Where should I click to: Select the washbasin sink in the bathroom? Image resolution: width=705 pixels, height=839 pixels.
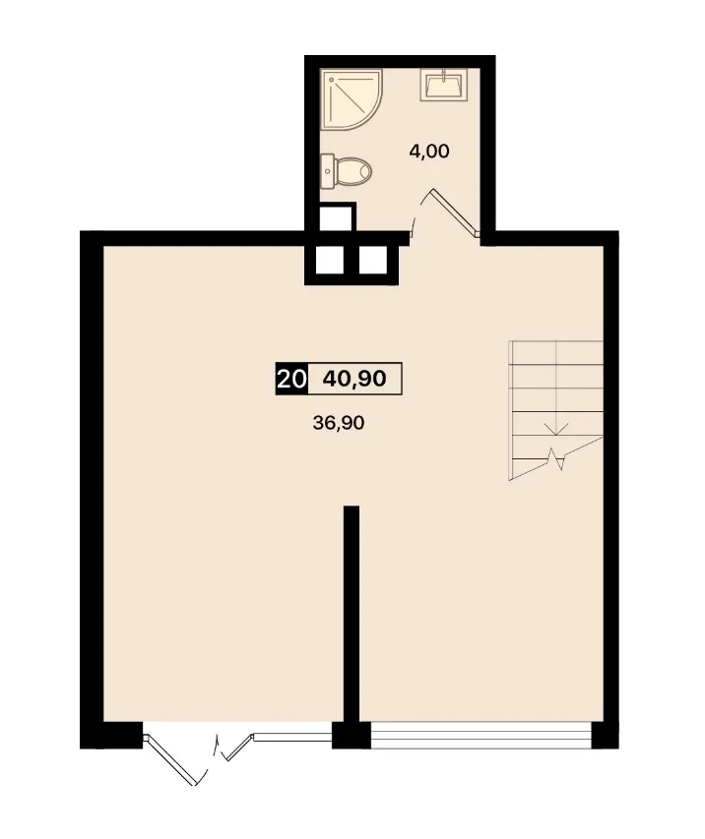point(443,85)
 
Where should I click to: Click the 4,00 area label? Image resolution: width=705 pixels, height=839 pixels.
point(429,151)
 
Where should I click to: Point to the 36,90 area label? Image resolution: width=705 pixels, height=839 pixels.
point(339,423)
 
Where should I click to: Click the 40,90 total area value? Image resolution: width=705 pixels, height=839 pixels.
point(354,379)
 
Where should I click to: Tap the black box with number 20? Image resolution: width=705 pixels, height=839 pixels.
point(292,379)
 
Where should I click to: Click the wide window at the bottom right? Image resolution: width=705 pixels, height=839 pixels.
point(481,735)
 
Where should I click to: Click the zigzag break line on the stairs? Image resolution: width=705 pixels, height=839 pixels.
point(556,458)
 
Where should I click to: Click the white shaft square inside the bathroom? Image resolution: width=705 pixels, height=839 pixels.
point(336,218)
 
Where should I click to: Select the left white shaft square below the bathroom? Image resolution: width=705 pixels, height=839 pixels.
point(330,260)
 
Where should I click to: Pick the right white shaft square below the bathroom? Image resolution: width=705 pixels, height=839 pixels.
point(373,260)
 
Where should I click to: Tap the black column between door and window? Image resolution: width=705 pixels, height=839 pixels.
point(352,735)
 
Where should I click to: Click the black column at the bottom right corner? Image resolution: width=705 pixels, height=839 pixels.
point(606,735)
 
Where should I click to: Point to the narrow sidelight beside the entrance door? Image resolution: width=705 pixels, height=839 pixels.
point(292,737)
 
